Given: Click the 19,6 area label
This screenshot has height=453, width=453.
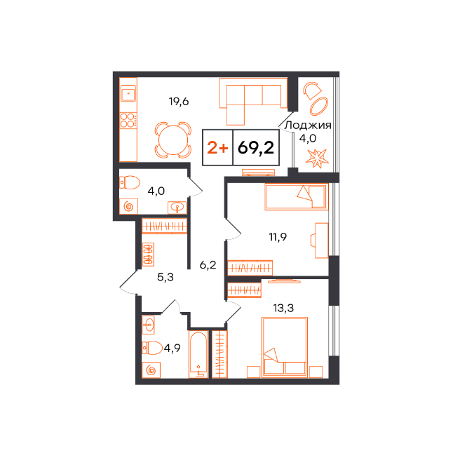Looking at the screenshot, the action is click(x=179, y=102).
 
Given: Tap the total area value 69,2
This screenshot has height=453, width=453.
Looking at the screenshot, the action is click(x=256, y=148).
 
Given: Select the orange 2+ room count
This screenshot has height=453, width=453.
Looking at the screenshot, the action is click(x=217, y=148).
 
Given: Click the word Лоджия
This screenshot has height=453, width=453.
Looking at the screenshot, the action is click(x=308, y=126).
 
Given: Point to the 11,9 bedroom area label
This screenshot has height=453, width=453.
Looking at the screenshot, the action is click(x=278, y=237).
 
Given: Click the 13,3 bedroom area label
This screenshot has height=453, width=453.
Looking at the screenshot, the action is click(x=283, y=308).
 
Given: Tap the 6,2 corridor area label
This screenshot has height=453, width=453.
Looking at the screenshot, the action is click(x=208, y=264).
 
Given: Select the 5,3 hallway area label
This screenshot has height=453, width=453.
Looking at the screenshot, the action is click(x=165, y=277).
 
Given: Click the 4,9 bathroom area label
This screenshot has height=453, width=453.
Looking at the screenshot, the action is click(x=173, y=348).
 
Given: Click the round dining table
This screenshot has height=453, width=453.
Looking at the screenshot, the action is click(x=173, y=140).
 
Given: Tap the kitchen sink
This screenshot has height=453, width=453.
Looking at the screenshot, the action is click(x=128, y=93).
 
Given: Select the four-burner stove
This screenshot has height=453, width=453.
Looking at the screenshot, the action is click(x=128, y=120).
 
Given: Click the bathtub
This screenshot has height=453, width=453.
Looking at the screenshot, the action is click(x=198, y=354).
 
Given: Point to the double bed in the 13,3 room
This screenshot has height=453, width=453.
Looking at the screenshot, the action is click(x=285, y=347).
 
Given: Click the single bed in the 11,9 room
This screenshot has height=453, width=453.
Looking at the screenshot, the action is click(x=297, y=197).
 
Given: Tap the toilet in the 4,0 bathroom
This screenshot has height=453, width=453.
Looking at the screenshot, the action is click(x=130, y=182).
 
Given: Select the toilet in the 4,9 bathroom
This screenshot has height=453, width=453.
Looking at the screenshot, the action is click(x=152, y=348).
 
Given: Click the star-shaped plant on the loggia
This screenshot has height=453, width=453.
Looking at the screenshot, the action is click(x=317, y=158).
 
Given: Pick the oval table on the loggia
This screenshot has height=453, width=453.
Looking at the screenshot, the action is click(x=319, y=106).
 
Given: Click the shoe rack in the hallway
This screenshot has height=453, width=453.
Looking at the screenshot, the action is click(x=148, y=255).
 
